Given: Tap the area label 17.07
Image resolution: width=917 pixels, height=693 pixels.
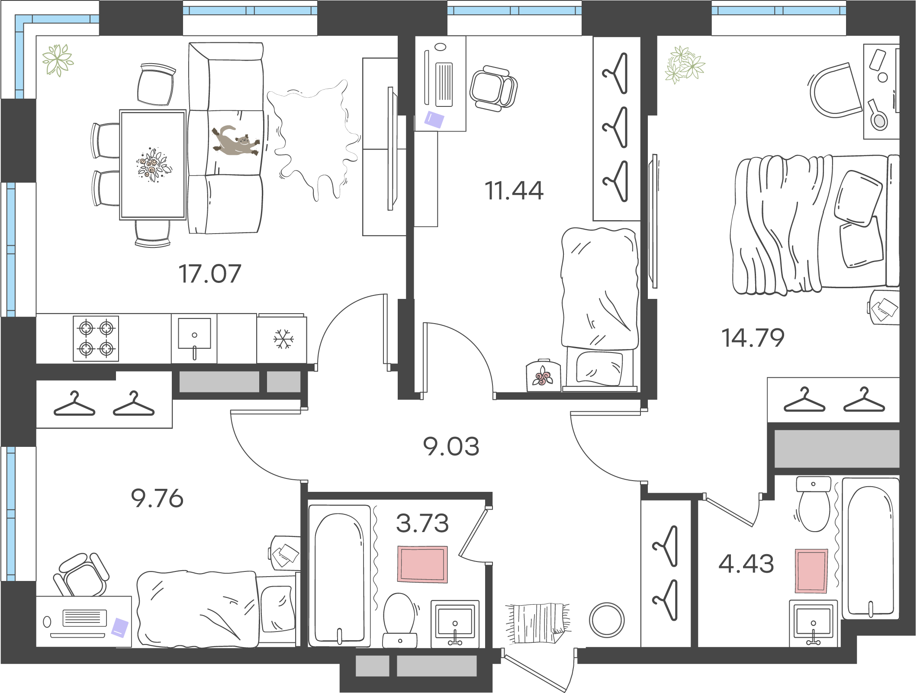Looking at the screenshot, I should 210,274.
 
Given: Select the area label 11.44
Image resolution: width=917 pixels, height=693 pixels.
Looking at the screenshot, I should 514,191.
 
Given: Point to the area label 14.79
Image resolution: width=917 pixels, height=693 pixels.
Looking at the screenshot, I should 753,338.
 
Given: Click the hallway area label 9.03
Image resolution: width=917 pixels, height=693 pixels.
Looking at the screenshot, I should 451,446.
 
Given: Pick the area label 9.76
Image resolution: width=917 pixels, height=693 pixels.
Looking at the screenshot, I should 158,499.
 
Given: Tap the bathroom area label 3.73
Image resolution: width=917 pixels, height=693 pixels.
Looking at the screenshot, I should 423,523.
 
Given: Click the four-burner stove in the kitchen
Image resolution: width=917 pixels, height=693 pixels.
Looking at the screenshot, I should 96,338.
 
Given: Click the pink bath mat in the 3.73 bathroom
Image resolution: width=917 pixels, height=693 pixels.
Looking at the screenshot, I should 423,564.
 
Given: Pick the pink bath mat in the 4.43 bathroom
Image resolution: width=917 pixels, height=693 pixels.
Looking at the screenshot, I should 811,571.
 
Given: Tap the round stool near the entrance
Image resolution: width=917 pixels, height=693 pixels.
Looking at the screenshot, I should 606,620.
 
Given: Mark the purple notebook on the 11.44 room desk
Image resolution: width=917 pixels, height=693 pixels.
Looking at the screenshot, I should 434,119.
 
